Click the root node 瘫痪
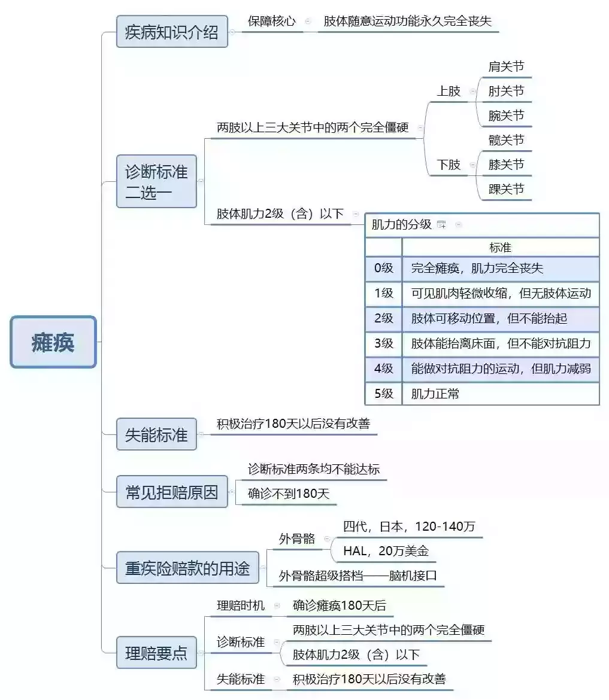click(53, 342)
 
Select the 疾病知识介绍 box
click(172, 32)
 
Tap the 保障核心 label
click(272, 21)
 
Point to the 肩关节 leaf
click(506, 66)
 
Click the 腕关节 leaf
click(506, 115)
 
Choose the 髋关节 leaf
click(506, 140)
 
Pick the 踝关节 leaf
click(506, 189)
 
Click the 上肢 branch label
click(449, 91)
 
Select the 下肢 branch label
click(449, 165)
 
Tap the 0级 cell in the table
click(383, 268)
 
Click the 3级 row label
click(383, 343)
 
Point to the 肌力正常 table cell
click(435, 394)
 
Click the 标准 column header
click(501, 247)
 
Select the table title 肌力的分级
click(401, 224)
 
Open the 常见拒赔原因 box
click(172, 492)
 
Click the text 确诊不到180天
click(289, 494)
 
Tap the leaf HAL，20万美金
click(386, 551)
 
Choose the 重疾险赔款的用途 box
click(187, 567)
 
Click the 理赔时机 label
click(241, 605)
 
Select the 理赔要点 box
click(156, 652)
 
